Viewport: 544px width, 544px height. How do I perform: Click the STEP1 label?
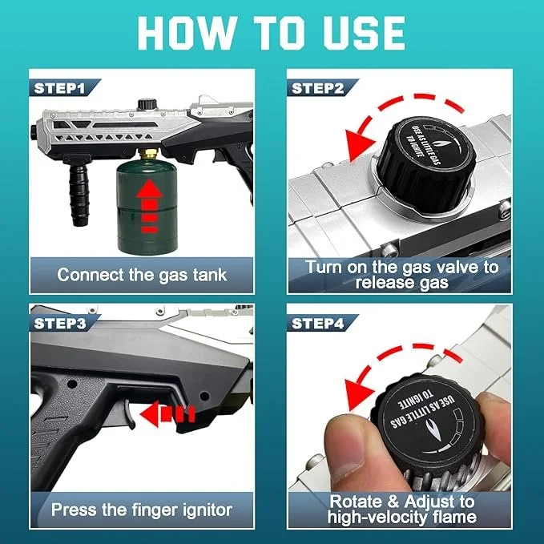pyautogui.click(x=59, y=88)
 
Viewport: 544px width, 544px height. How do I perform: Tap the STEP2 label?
pyautogui.click(x=318, y=88)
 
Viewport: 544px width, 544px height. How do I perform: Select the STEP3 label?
pyautogui.click(x=59, y=324)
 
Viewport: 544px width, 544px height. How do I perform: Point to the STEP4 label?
pyautogui.click(x=318, y=324)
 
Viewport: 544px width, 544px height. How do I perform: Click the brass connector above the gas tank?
pyautogui.click(x=149, y=154)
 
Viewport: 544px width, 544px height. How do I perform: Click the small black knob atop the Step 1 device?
pyautogui.click(x=147, y=105)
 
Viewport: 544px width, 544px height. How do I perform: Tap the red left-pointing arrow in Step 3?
pyautogui.click(x=167, y=414)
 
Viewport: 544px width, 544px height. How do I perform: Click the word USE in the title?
pyautogui.click(x=364, y=33)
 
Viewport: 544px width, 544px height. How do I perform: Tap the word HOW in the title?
pyautogui.click(x=186, y=33)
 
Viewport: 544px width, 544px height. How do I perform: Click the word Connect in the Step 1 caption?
pyautogui.click(x=91, y=275)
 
